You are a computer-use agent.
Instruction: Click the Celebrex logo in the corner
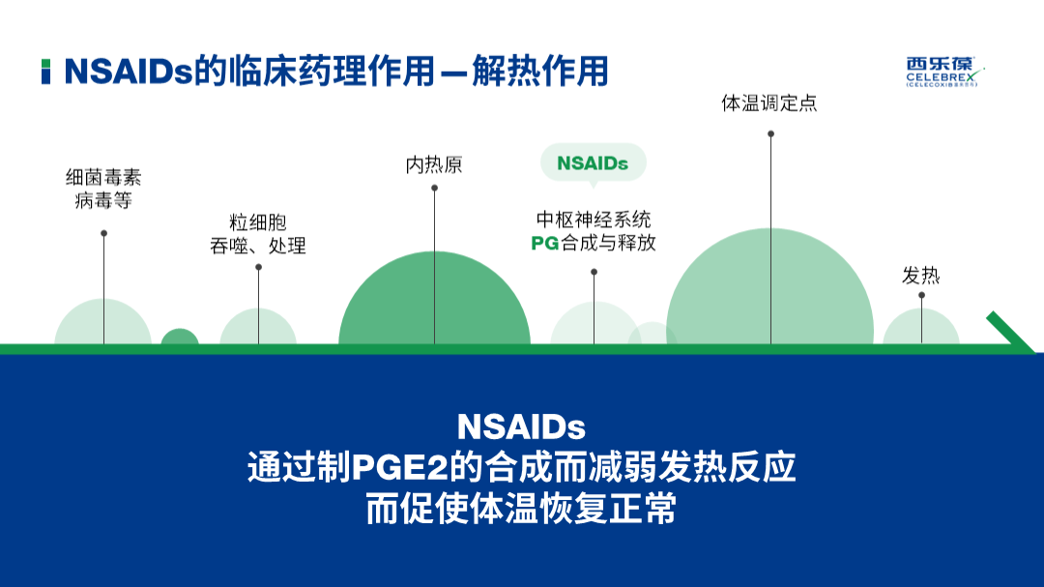(x=944, y=72)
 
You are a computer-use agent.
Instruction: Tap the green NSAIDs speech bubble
(x=594, y=163)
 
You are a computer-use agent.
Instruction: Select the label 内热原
(x=434, y=164)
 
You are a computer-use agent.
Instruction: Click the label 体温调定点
(x=769, y=103)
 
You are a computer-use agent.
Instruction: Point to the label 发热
(x=921, y=276)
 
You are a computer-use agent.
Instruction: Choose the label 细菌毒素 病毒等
(x=103, y=189)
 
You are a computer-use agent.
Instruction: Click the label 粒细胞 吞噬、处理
(x=258, y=234)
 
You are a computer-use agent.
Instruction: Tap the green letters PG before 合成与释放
(x=544, y=243)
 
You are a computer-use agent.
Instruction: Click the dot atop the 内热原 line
(x=434, y=189)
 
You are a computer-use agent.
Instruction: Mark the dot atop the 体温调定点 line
(x=770, y=133)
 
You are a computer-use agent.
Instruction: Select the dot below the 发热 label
(x=921, y=295)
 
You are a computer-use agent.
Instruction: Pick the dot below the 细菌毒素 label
(x=103, y=233)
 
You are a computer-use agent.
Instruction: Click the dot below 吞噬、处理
(x=258, y=267)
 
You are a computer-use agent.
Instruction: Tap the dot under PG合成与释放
(x=594, y=272)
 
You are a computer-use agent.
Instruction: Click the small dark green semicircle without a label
(x=180, y=338)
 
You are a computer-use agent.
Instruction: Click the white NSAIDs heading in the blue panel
(x=521, y=427)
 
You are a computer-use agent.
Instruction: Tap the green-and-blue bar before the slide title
(x=45, y=72)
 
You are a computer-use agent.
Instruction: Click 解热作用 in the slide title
(x=540, y=72)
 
